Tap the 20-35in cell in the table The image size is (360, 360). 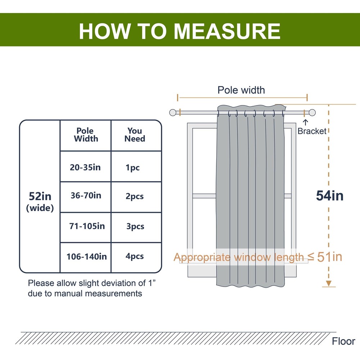click(85, 167)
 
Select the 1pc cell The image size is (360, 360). click(133, 168)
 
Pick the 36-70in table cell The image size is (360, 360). click(85, 196)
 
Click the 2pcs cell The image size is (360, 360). click(135, 197)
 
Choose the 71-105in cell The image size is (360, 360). click(87, 226)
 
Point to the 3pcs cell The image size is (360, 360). click(135, 227)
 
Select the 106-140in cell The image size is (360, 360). click(86, 257)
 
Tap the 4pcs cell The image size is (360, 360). click(135, 257)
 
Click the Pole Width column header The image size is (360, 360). click(86, 135)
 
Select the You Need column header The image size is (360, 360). click(135, 135)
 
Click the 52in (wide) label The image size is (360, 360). click(40, 202)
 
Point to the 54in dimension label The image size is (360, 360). click(329, 196)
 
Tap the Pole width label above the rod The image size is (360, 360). click(241, 90)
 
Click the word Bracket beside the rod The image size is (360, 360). click(312, 131)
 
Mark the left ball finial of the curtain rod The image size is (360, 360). click(174, 113)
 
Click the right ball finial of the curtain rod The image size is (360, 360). click(312, 112)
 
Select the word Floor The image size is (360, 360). click(343, 341)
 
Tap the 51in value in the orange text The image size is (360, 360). click(330, 257)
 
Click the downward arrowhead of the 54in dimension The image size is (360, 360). click(328, 284)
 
